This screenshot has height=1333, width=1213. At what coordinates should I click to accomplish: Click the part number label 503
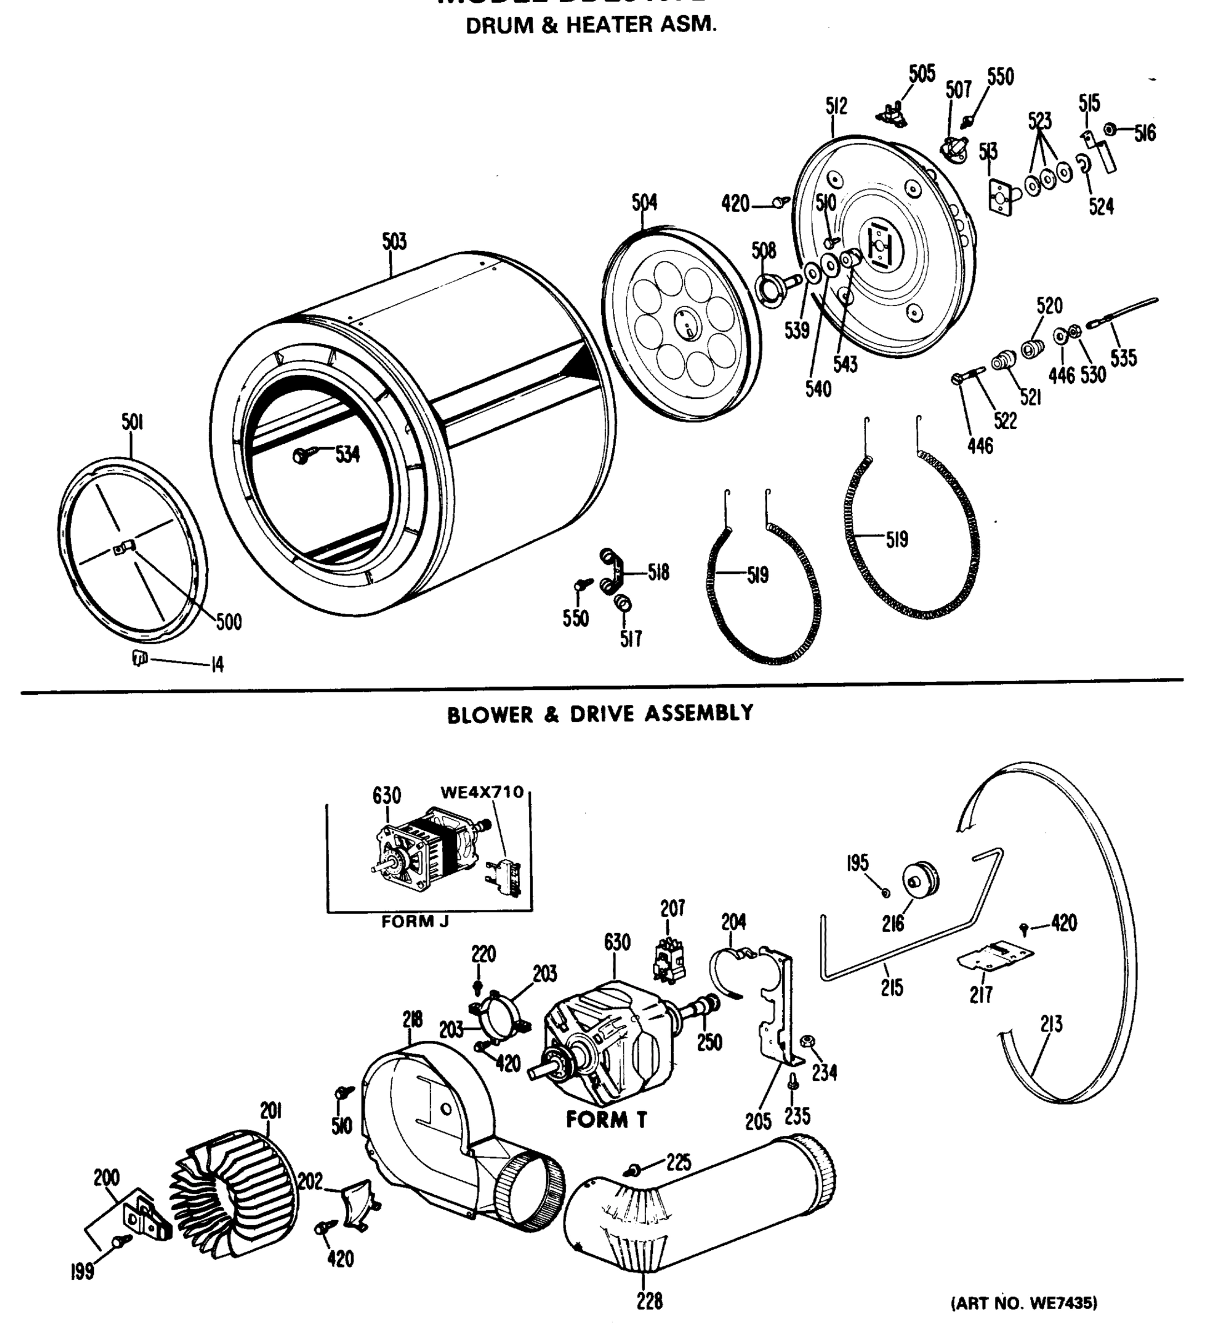[x=394, y=242]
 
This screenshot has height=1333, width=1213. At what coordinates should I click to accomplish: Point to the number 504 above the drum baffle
[x=644, y=202]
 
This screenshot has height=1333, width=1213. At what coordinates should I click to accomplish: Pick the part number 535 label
[x=1123, y=358]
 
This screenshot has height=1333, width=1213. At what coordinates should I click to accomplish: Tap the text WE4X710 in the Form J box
[x=482, y=792]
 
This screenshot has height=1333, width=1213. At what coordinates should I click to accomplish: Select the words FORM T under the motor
[x=606, y=1119]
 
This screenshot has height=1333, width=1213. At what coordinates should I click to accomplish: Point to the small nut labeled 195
[x=886, y=893]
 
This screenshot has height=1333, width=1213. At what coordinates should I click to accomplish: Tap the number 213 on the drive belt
[x=1051, y=1024]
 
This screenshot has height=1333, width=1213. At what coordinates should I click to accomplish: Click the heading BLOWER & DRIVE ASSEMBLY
[x=600, y=714]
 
